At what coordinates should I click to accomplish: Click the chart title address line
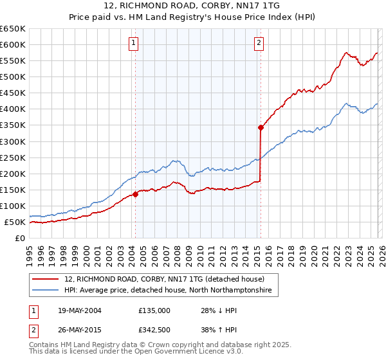tap(192, 6)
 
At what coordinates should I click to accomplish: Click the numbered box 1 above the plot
tap(133, 43)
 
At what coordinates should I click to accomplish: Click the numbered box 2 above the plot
tap(259, 43)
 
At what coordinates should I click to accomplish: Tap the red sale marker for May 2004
tap(135, 194)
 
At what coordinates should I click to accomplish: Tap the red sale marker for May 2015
tap(261, 127)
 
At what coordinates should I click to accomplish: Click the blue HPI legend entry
tap(168, 291)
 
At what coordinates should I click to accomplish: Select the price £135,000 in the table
tap(154, 310)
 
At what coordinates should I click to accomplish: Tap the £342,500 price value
tap(154, 331)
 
